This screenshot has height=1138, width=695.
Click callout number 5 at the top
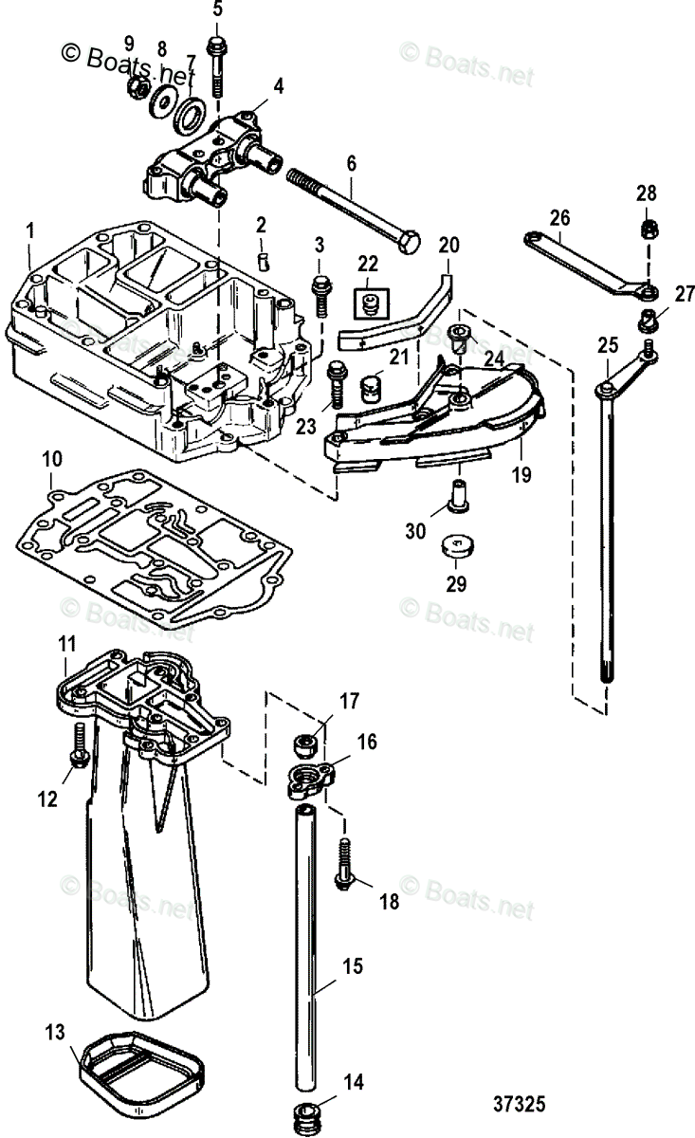(x=217, y=10)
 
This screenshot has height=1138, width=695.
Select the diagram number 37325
(x=520, y=1105)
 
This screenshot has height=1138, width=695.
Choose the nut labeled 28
(x=646, y=229)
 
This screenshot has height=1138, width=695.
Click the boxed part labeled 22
(x=368, y=303)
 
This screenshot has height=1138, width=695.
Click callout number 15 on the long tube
(x=353, y=966)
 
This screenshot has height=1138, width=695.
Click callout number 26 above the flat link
(x=559, y=217)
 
